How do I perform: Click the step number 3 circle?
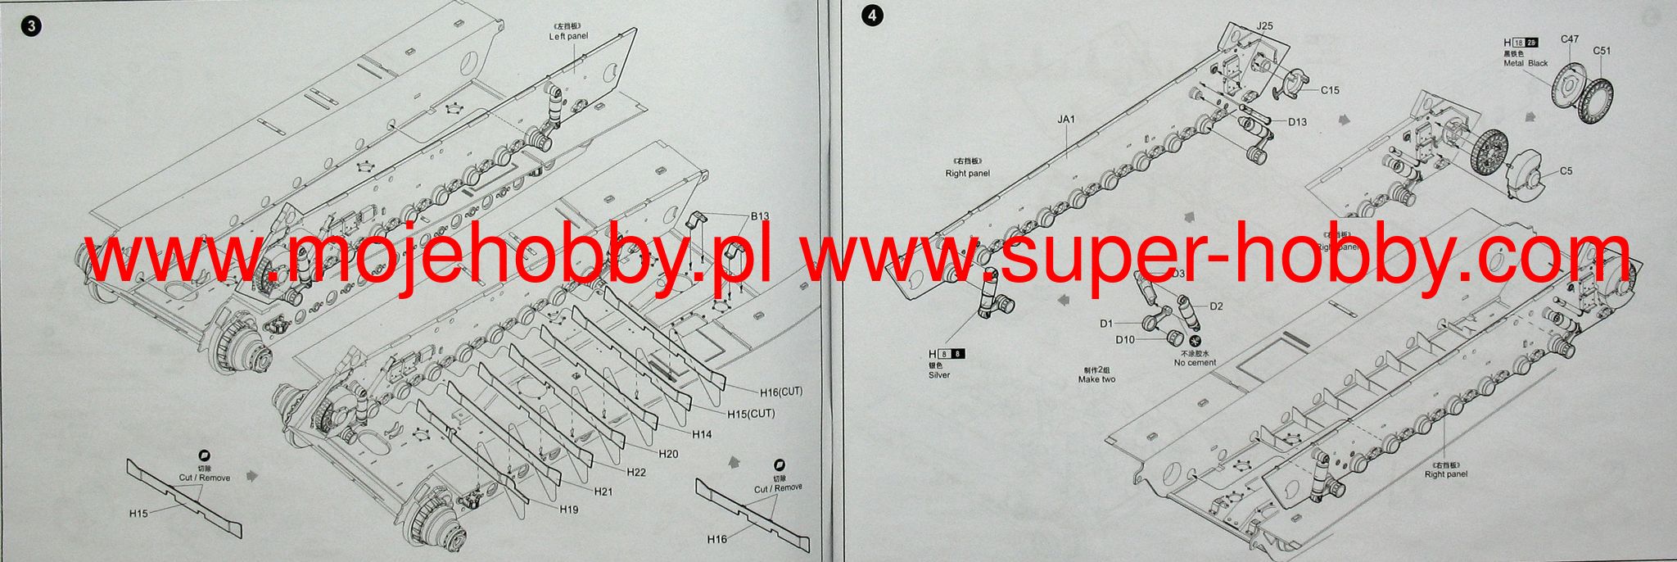coord(32,25)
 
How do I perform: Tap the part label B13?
coord(760,217)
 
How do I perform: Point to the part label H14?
coord(702,434)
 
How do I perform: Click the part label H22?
coord(636,472)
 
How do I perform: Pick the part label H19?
coord(570,510)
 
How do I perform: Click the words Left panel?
coord(568,37)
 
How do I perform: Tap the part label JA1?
coord(1065,120)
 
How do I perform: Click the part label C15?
coord(1330,90)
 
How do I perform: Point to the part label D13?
coord(1297,122)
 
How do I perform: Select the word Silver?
coord(939,375)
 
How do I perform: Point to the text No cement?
coord(1195,363)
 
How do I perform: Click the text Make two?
coord(1096,379)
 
